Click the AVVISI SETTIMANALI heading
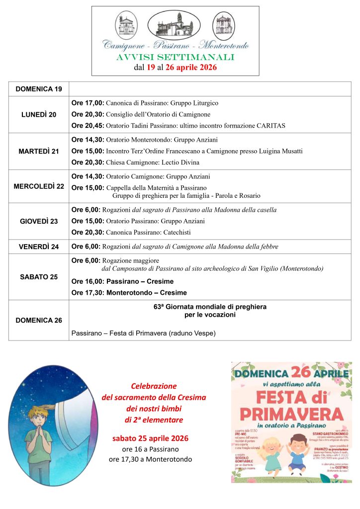pos(175,58)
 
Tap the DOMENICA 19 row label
pos(39,89)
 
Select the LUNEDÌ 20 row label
pos(39,114)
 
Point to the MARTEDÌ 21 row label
pos(39,151)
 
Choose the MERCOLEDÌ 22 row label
pos(39,186)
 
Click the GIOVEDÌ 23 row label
pos(39,221)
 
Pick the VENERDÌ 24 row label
pos(39,247)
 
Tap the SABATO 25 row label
pos(39,277)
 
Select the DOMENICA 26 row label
pos(39,320)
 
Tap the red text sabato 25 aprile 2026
pos(150,438)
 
